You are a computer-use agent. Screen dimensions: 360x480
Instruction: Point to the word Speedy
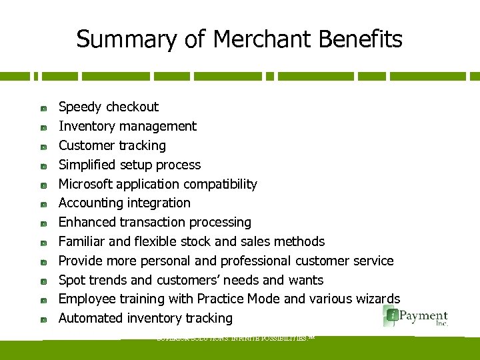click(x=80, y=107)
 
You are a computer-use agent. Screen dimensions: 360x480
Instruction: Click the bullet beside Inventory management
click(x=42, y=127)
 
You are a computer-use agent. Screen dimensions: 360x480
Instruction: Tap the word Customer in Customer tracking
click(x=83, y=145)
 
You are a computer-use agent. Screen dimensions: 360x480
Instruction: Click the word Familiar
click(x=81, y=241)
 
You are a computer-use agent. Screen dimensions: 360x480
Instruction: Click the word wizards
click(x=379, y=299)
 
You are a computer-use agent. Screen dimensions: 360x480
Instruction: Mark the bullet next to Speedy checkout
click(x=42, y=107)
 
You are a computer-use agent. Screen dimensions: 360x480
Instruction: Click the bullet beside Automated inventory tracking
click(x=42, y=319)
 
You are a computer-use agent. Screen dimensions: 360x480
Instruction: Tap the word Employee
click(x=86, y=299)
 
